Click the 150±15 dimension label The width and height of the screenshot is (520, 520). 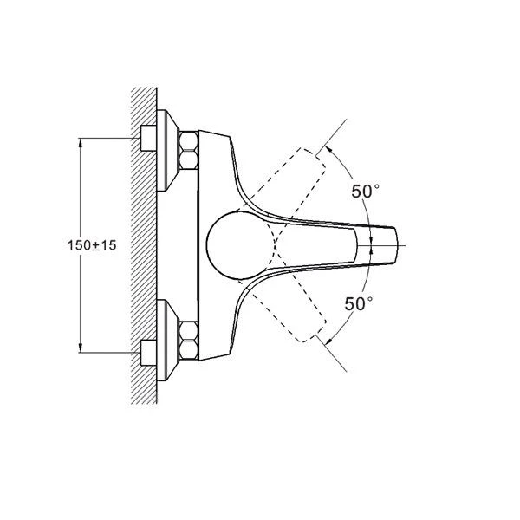point(92,245)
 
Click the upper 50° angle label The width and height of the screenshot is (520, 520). point(365,191)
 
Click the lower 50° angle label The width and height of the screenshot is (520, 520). point(359,304)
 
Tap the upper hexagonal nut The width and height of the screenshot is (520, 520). point(188,150)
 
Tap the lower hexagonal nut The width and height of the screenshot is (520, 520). point(188,341)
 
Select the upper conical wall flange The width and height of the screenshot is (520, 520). point(167,150)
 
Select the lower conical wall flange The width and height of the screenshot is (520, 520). point(167,341)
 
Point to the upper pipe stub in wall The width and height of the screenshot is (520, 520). point(148,138)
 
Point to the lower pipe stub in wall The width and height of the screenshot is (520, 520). point(148,353)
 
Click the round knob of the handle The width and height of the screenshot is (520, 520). point(239,245)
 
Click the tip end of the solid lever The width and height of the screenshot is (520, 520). point(396,245)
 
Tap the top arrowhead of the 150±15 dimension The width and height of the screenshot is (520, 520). point(81,142)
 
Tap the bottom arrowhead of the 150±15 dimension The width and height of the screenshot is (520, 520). point(81,348)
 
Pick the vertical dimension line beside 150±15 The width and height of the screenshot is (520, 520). point(81,245)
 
